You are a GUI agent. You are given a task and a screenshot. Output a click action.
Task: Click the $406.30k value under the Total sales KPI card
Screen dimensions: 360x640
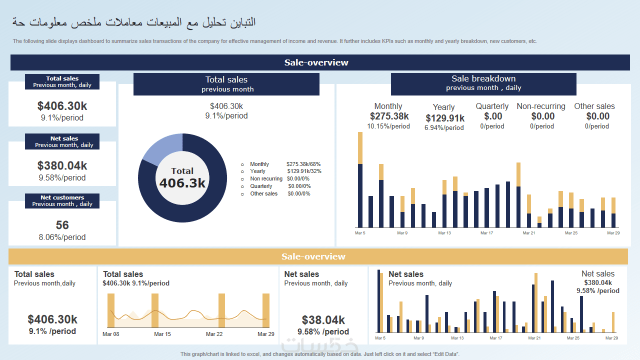62,106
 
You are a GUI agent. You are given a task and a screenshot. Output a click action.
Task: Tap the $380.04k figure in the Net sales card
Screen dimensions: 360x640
62,166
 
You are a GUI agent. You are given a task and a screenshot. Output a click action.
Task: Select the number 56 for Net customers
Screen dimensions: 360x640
62,225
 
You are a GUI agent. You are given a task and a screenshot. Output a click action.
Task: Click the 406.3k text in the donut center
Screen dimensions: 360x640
182,183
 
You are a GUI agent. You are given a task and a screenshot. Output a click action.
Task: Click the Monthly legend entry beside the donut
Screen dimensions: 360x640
259,164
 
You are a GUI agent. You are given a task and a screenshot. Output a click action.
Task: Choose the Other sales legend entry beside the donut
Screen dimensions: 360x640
263,193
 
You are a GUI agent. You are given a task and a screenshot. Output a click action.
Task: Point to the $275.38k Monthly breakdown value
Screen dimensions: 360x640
389,116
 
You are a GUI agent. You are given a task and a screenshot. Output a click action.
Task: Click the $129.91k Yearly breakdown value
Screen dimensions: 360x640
445,118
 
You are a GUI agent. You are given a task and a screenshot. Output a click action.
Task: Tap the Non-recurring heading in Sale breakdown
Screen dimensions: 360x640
541,106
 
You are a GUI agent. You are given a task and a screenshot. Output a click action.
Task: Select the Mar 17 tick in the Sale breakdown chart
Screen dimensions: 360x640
486,233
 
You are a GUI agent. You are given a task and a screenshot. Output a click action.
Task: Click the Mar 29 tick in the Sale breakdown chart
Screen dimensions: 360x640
613,233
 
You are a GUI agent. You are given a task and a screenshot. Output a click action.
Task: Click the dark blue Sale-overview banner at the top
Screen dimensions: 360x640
320,62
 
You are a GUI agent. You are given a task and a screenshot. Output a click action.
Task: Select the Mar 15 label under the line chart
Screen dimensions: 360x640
162,334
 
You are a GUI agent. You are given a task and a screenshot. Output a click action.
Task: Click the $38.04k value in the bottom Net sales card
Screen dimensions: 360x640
323,320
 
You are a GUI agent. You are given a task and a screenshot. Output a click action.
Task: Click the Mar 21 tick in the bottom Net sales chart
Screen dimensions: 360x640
534,338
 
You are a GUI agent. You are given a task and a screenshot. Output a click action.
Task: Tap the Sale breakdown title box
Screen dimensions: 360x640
483,83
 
